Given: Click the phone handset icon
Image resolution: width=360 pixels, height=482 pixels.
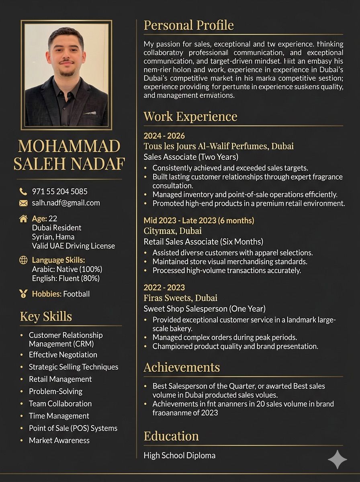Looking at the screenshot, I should [23, 192].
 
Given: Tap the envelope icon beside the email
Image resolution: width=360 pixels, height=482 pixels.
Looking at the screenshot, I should [23, 203].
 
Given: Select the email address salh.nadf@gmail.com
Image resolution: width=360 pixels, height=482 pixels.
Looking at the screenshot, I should [66, 203].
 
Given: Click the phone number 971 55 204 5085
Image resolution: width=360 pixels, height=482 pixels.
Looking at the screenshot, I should [59, 192].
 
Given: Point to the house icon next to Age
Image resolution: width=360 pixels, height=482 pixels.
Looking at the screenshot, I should [23, 219].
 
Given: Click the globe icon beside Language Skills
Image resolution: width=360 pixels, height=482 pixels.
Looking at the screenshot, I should [23, 260].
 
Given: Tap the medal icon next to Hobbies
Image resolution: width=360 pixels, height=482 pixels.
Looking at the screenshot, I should [23, 294].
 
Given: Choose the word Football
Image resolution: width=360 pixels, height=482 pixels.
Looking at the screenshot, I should [76, 294].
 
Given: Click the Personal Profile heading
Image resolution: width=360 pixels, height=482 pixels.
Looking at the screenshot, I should [188, 25].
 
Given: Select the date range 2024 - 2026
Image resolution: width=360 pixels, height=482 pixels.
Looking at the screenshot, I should [164, 136].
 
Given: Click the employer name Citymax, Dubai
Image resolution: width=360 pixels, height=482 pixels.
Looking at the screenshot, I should [172, 231].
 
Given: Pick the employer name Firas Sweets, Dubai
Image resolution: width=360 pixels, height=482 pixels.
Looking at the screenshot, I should [180, 298].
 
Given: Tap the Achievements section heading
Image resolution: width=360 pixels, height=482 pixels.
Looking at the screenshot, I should [182, 367].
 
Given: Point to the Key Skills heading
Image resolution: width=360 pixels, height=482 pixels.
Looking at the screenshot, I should [46, 317].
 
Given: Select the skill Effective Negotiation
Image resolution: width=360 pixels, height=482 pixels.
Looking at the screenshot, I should [63, 355].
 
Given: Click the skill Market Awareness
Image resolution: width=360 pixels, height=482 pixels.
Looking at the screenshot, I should [59, 440].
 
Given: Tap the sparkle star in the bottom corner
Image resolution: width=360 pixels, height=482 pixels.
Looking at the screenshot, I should [337, 460].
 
